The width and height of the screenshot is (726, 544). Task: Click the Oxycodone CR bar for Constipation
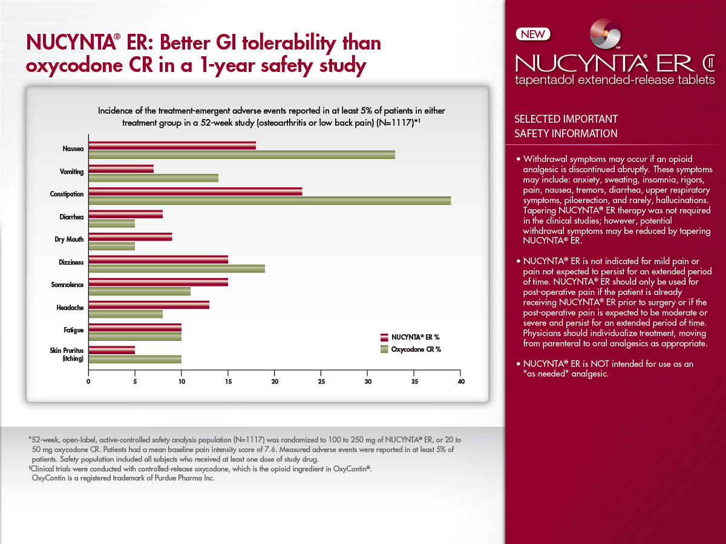pos(269,201)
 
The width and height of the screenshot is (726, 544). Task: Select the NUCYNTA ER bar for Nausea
pos(172,146)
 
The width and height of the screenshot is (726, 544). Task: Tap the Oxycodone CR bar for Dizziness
pos(177,268)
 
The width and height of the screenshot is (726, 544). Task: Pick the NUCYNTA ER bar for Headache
pos(149,305)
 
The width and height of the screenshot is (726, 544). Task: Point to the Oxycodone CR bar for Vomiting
pos(154,178)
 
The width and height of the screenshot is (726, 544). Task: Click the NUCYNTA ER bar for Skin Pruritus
pos(112,350)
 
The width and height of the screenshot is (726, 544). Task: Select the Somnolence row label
pos(67,284)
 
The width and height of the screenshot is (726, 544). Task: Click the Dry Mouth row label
pos(69,239)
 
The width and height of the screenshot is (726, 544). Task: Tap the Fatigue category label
pos(73,330)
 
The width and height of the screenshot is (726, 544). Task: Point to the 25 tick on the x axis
pos(321,381)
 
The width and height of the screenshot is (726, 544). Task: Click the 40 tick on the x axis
pos(461,381)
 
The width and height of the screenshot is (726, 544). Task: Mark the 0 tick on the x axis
pos(88,381)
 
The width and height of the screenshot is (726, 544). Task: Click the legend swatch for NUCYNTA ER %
pos(384,337)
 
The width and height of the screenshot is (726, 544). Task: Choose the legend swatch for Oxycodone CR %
pos(384,349)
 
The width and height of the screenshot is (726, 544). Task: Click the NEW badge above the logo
pos(532,34)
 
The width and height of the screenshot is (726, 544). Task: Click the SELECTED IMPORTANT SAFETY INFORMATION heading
pos(566,126)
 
